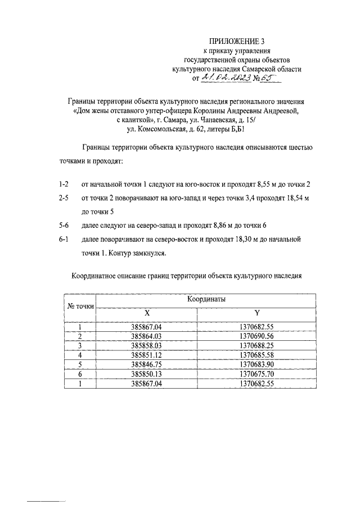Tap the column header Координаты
[206, 300]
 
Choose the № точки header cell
[80, 307]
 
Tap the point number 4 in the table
[80, 355]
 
